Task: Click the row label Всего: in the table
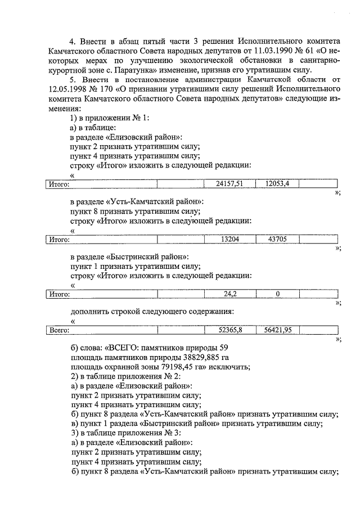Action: (59, 330)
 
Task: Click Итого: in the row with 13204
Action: (59, 238)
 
